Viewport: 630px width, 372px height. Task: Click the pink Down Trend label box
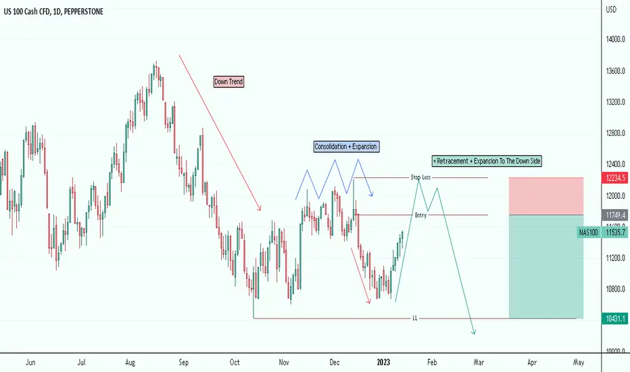click(x=228, y=82)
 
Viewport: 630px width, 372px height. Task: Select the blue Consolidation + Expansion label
click(x=346, y=146)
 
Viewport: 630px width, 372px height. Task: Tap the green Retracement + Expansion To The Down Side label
click(x=487, y=161)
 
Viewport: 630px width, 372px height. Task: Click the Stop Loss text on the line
click(x=420, y=177)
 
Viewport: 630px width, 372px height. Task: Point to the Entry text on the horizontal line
click(x=420, y=215)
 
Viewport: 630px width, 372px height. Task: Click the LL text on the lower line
click(x=414, y=318)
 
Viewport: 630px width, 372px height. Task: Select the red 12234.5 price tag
click(x=615, y=178)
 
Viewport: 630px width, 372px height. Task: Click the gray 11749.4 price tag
click(x=615, y=215)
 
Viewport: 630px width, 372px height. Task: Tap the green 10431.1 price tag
click(x=615, y=319)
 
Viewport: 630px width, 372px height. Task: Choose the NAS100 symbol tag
click(x=588, y=233)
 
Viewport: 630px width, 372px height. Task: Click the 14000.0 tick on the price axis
click(x=616, y=39)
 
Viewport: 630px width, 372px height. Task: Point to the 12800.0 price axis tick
click(x=616, y=133)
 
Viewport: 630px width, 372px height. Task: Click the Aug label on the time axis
click(x=130, y=363)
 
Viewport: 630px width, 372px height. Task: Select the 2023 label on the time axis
click(x=383, y=363)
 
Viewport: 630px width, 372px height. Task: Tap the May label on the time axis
click(x=578, y=363)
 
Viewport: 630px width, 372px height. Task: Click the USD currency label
click(x=611, y=9)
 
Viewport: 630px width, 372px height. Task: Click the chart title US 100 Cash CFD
click(x=27, y=11)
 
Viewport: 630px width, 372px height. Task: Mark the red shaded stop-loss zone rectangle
click(x=546, y=196)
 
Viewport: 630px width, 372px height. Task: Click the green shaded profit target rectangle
click(x=546, y=267)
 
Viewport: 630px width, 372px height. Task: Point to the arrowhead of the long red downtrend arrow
click(x=260, y=209)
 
